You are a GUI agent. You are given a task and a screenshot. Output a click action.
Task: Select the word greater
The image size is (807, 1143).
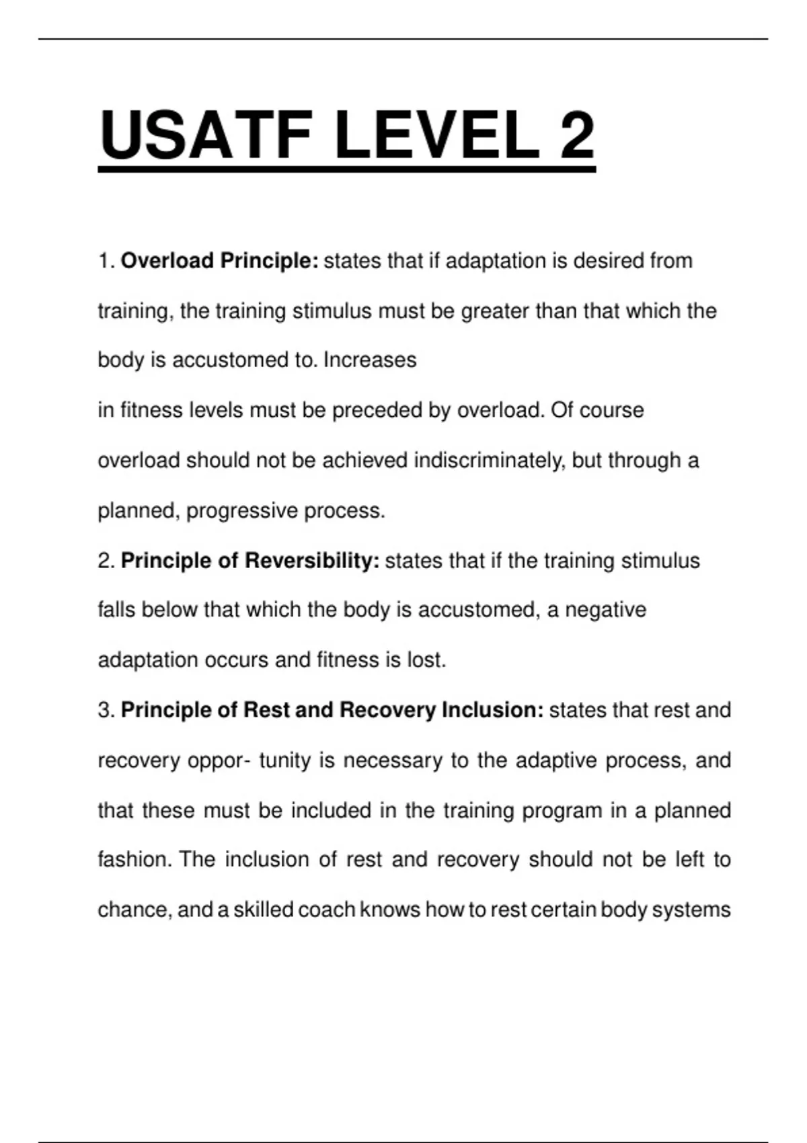point(495,311)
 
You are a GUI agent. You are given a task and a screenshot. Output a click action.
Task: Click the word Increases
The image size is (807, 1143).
point(370,360)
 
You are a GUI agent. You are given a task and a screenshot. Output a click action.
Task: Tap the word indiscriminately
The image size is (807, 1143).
point(489,461)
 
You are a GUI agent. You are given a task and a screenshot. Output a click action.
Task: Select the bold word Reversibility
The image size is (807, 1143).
point(313,561)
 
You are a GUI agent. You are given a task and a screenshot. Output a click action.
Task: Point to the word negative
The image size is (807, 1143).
point(605,610)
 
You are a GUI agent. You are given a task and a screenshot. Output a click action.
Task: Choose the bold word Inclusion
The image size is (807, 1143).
point(492,710)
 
